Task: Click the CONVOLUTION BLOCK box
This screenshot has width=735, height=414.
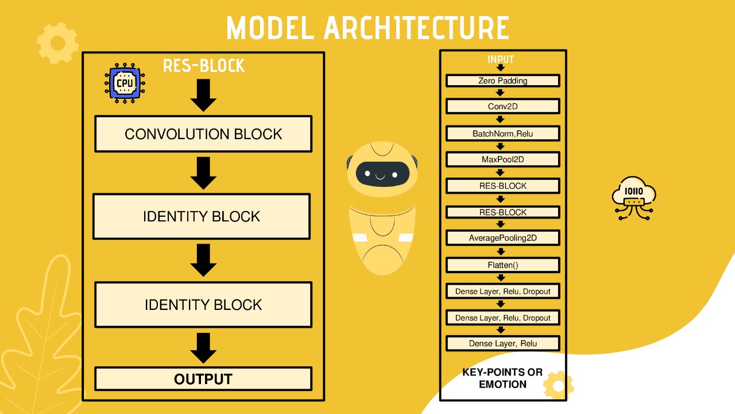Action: [203, 134]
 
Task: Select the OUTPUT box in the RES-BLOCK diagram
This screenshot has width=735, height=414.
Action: [203, 379]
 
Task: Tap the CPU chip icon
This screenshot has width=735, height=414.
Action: [125, 84]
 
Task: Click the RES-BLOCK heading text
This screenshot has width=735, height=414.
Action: [204, 66]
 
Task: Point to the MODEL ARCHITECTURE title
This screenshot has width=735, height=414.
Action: [367, 28]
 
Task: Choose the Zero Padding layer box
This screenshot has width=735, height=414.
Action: [502, 80]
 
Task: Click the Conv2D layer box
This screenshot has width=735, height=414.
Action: [502, 106]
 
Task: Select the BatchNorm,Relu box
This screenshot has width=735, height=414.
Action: [502, 133]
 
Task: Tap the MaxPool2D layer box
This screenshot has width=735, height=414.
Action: [502, 159]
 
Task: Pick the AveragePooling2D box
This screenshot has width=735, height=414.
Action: [502, 237]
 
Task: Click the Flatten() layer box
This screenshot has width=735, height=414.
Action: [502, 265]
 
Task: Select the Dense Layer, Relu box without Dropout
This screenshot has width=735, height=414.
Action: [502, 343]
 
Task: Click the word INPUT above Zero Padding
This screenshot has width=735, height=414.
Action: [500, 59]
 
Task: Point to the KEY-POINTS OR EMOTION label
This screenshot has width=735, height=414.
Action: [502, 378]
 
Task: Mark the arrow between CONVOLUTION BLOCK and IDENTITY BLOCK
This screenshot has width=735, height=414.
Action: [203, 173]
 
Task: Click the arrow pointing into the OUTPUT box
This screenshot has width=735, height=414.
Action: [203, 348]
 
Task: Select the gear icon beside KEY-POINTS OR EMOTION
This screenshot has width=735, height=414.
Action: [558, 385]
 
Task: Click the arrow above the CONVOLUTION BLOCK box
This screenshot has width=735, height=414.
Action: [203, 95]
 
